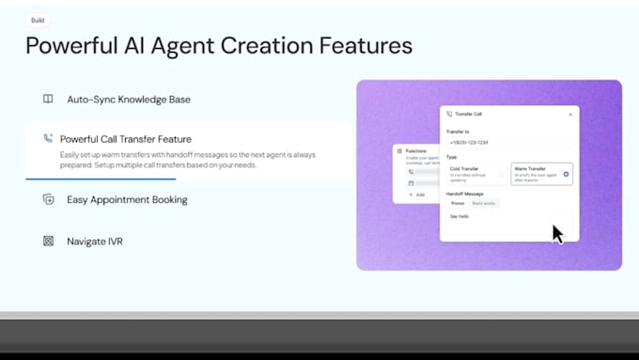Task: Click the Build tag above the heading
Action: [38, 20]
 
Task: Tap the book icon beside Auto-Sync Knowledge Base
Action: [48, 99]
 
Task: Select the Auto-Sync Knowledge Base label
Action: [129, 99]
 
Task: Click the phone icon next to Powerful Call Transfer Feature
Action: [48, 139]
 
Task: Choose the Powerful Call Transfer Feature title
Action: [126, 139]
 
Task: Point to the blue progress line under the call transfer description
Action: [101, 179]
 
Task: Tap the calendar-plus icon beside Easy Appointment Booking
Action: [48, 199]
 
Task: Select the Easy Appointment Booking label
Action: [127, 199]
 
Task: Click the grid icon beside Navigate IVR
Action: [48, 242]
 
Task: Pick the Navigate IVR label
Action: [95, 242]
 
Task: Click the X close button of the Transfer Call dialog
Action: [569, 115]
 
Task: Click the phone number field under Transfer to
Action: [508, 143]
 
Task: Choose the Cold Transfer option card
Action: [475, 174]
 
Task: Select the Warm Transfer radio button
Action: [566, 174]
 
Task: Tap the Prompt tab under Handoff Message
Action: [457, 203]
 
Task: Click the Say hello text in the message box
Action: [460, 216]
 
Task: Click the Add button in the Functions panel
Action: [417, 195]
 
